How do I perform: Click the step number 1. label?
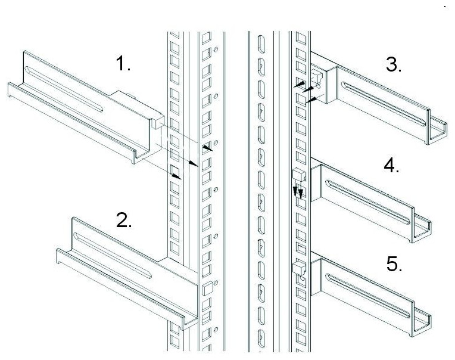123,64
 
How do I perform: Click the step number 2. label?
124,220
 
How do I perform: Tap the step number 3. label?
394,64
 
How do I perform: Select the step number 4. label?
391,166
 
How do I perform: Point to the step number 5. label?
394,264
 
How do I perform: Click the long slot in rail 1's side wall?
64,89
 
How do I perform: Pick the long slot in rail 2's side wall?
113,255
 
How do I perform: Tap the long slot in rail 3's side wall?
383,104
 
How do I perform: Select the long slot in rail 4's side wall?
368,203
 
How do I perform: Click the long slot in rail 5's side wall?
368,296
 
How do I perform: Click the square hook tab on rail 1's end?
158,122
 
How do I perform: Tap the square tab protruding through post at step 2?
207,288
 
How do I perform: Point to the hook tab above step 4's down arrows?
300,175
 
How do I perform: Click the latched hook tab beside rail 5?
300,268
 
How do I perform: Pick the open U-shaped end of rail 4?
421,230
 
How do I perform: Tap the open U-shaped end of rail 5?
421,324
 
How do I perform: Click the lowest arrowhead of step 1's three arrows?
177,176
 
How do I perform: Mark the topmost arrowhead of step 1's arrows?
207,148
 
